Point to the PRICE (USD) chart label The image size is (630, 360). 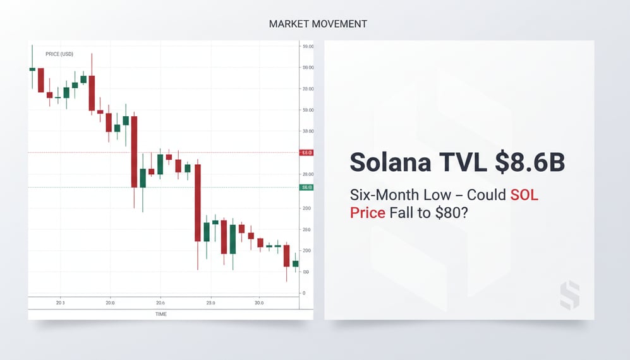tap(59, 54)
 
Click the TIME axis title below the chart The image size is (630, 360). tap(161, 313)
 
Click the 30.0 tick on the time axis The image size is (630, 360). tap(259, 303)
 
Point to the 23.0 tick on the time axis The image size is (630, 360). tap(210, 303)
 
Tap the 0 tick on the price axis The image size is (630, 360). tap(304, 293)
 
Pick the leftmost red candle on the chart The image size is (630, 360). tap(41, 80)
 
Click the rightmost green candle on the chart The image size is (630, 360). tap(295, 263)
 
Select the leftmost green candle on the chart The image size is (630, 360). tap(32, 69)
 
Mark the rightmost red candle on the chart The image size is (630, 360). tap(286, 256)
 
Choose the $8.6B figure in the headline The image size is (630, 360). tap(530, 162)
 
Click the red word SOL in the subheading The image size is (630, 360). tap(524, 195)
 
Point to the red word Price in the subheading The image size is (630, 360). tap(367, 212)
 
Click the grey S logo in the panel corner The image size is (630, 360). tap(569, 295)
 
